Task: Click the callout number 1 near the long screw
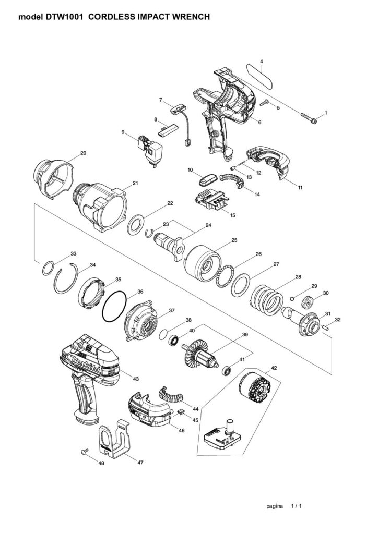click(326, 113)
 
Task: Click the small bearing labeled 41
click(227, 371)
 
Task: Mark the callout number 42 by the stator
click(274, 368)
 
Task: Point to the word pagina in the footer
click(275, 506)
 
